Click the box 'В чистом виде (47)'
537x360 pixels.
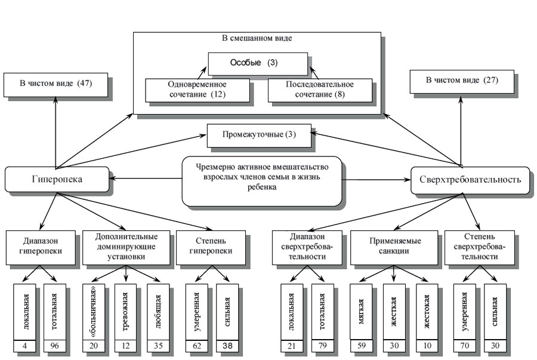[x=55, y=84]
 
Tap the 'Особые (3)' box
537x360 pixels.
[x=258, y=63]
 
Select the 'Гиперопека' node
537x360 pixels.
[x=57, y=179]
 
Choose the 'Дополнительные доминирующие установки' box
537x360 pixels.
[x=126, y=246]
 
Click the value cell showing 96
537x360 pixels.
[x=56, y=346]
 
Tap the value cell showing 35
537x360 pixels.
[x=159, y=346]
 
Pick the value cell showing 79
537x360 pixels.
[x=323, y=346]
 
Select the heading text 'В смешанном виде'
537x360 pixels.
[x=257, y=39]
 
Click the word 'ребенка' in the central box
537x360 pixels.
[x=262, y=187]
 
